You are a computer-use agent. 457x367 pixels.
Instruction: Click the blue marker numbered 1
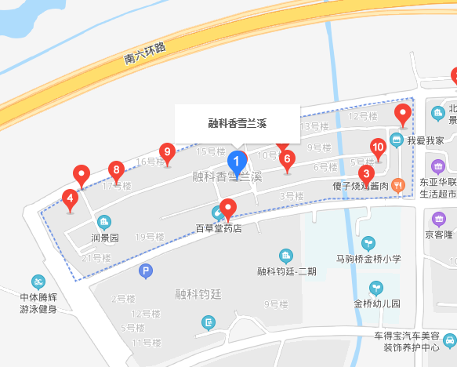click(x=237, y=162)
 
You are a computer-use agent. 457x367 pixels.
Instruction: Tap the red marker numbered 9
click(x=166, y=151)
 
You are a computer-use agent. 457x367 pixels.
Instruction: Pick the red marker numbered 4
click(x=71, y=198)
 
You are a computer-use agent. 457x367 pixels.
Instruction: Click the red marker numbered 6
click(x=287, y=160)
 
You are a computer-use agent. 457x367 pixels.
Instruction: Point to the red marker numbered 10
click(x=378, y=147)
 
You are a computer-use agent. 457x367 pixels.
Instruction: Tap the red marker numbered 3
click(x=365, y=173)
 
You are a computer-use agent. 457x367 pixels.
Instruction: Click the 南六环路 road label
click(x=146, y=53)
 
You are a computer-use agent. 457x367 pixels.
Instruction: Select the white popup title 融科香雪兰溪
click(x=237, y=124)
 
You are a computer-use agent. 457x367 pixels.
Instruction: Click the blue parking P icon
click(x=144, y=271)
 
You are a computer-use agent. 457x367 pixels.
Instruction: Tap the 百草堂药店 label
click(x=219, y=229)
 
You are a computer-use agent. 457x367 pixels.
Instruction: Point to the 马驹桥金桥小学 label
click(x=368, y=258)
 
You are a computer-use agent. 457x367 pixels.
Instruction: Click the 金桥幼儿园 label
click(x=377, y=303)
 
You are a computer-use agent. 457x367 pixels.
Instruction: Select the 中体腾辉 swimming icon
click(x=38, y=282)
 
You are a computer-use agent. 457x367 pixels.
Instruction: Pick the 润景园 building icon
click(x=103, y=222)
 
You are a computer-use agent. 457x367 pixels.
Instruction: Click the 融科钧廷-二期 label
click(x=287, y=271)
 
